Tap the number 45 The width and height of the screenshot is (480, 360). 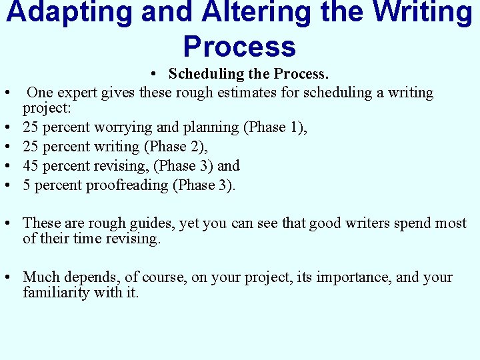click(x=31, y=166)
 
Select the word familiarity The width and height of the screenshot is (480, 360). click(x=57, y=292)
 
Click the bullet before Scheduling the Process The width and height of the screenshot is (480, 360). click(x=153, y=74)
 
